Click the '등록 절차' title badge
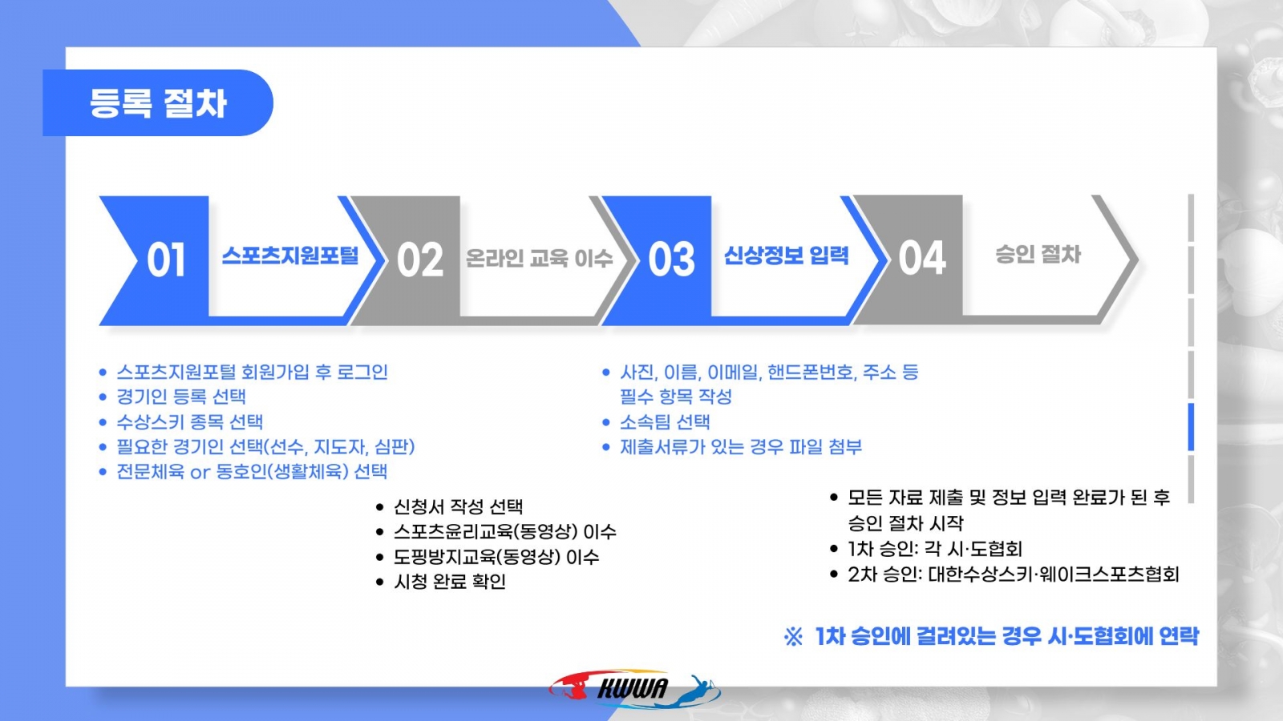(x=157, y=103)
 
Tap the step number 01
(x=166, y=260)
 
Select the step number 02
(x=420, y=260)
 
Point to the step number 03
(x=671, y=260)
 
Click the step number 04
(x=922, y=258)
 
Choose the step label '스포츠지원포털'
(x=289, y=256)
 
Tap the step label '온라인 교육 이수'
(x=539, y=258)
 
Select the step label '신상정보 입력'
(x=786, y=256)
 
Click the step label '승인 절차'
(x=1038, y=254)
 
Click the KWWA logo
(x=634, y=690)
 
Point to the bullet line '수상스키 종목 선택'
(x=189, y=422)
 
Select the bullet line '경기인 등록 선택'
(x=181, y=397)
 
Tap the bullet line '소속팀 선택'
(x=665, y=422)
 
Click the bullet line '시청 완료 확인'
(x=450, y=582)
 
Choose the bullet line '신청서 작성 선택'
(x=458, y=506)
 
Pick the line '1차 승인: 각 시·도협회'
(x=935, y=550)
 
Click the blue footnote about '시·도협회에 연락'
(x=991, y=636)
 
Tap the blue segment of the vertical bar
(x=1192, y=427)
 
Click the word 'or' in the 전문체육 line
(x=200, y=473)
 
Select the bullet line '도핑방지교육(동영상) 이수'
(x=496, y=557)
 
